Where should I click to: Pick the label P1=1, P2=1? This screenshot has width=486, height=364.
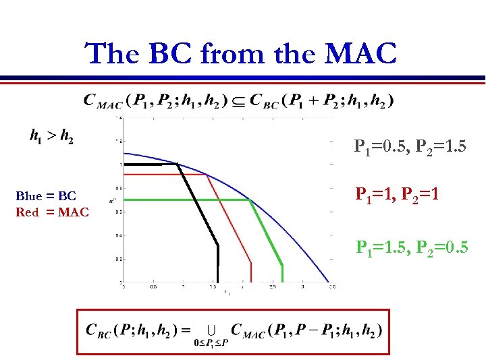pos(398,195)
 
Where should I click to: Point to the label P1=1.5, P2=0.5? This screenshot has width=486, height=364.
pos(412,248)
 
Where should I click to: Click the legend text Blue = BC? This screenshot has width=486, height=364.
pos(46,196)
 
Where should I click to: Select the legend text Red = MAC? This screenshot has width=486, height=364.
pos(52,212)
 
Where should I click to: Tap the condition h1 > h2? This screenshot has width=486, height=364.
pos(51,136)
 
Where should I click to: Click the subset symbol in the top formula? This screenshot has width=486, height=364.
pos(238,101)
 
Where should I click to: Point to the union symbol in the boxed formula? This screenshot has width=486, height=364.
pos(211,330)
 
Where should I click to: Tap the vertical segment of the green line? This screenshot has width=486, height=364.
pos(282,273)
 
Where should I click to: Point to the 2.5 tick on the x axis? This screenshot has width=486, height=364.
pos(273,287)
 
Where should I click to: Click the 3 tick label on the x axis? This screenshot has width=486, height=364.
pos(302,287)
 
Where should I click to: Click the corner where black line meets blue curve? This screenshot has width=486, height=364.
pos(178,164)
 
